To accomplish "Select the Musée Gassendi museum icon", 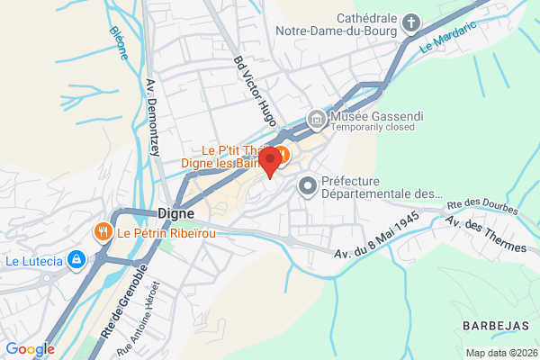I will click(x=316, y=118).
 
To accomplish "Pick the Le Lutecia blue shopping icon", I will click(x=77, y=261).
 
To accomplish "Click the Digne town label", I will click(x=176, y=213).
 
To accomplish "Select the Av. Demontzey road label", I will click(x=152, y=118).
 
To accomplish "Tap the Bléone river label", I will click(x=119, y=42).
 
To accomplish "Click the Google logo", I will click(x=30, y=348).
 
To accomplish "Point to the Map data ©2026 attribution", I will click(x=500, y=352).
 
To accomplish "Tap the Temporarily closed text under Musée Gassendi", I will click(x=373, y=128).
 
